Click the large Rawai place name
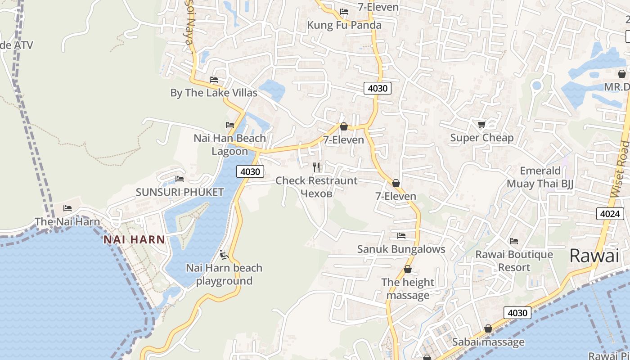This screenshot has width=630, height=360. tap(594, 256)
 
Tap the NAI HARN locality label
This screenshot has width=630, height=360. tap(134, 239)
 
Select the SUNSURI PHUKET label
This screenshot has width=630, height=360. tap(180, 193)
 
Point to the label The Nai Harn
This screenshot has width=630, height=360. tap(67, 221)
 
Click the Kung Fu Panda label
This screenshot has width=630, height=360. tap(344, 25)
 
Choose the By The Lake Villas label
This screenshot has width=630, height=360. tap(214, 93)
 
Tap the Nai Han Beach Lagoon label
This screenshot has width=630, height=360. tap(230, 144)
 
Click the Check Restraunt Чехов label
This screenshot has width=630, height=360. tap(316, 187)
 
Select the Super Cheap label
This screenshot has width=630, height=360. tap(481, 138)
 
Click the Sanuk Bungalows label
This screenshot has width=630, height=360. tap(401, 249)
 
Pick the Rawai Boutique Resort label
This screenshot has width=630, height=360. tap(514, 261)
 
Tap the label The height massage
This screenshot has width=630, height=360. tap(408, 289)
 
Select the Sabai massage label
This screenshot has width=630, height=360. tap(488, 342)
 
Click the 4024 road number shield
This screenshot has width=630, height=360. tap(610, 214)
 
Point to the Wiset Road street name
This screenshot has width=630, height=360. tap(620, 169)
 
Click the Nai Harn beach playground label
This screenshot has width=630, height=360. tap(224, 274)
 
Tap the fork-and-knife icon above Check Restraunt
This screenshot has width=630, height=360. tap(316, 167)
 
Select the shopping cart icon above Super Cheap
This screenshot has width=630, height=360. tap(481, 125)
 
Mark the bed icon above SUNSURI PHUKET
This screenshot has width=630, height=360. tap(180, 179)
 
